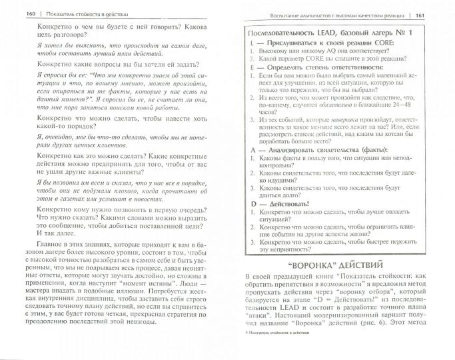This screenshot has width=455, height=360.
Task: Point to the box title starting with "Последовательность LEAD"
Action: (x=320, y=33)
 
